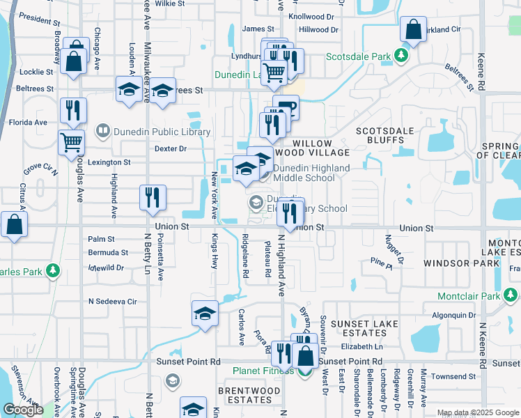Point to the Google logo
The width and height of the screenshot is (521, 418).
tap(23, 410)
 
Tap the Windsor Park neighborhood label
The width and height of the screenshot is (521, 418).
tap(461, 263)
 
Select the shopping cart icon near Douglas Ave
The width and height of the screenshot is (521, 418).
tap(71, 142)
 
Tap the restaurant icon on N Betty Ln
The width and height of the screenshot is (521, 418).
tap(153, 197)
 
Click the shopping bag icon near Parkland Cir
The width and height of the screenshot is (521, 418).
tap(413, 30)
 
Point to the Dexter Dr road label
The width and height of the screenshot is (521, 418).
tap(171, 148)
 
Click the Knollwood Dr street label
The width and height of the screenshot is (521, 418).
tap(311, 15)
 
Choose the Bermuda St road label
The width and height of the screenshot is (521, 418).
tap(108, 253)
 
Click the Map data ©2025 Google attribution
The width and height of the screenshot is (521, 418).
tap(478, 412)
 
